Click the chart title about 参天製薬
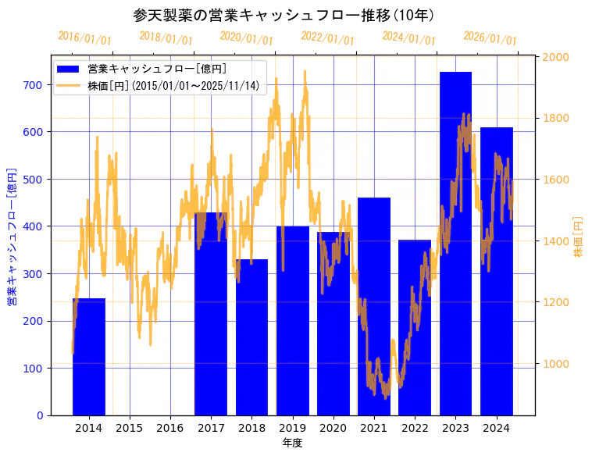(284, 16)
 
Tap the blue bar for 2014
(89, 359)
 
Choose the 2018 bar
(251, 336)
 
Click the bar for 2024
(497, 273)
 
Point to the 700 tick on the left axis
(34, 84)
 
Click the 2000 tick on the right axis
(555, 57)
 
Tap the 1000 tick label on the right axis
(555, 364)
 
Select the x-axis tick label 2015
(130, 428)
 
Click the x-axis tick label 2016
(170, 428)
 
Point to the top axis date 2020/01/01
(246, 38)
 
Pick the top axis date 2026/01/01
(490, 38)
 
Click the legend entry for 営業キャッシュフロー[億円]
(157, 69)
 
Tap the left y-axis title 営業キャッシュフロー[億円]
(12, 236)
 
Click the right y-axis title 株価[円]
(579, 237)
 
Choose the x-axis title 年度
(292, 443)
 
